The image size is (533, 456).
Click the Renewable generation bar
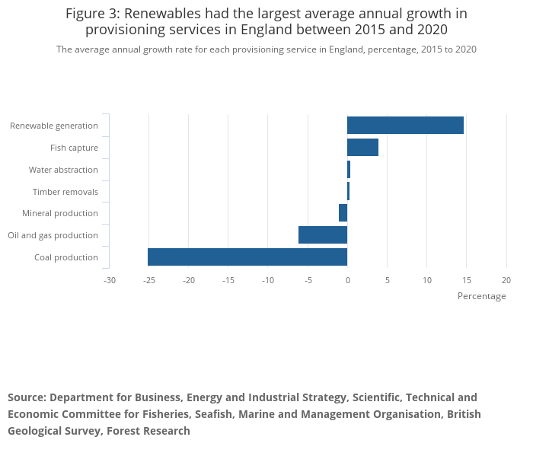point(405,126)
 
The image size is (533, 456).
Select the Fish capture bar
point(362,148)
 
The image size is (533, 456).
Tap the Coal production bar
point(247,257)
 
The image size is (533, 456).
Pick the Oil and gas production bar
point(323,235)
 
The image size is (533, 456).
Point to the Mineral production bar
point(343,213)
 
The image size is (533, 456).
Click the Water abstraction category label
point(63,170)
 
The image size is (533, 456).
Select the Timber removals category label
point(65,192)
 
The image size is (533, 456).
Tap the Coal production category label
point(66,257)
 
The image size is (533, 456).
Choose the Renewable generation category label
point(54,126)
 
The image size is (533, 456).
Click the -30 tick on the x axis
point(110,280)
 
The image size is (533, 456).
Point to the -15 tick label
point(228,280)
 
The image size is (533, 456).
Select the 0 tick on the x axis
point(347,280)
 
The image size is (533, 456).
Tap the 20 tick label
point(506,280)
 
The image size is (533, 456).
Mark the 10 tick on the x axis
point(426,280)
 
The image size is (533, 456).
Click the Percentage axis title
point(481,296)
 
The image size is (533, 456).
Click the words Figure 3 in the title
point(91,14)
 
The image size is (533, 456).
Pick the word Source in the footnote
point(26,397)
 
